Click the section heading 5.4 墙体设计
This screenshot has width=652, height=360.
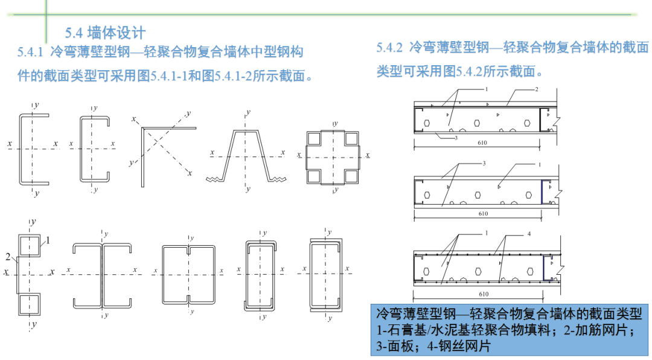coord(105,32)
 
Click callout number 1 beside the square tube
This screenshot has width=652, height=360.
coord(48,240)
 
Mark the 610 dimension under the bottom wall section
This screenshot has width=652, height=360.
coord(482,294)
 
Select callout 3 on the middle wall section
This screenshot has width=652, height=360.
coord(484,164)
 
